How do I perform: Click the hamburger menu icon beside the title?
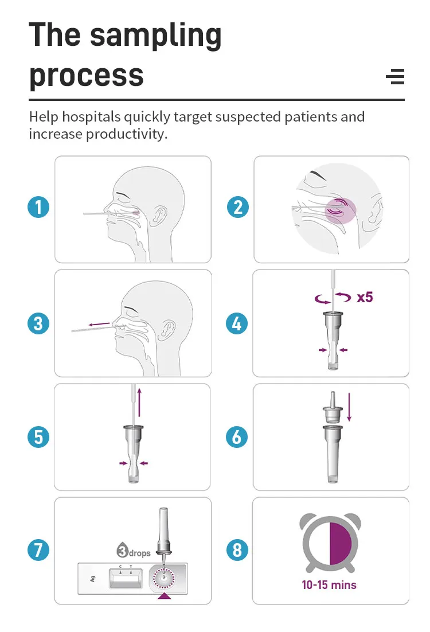(x=395, y=77)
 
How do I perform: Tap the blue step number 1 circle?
(x=38, y=208)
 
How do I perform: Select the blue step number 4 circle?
(x=237, y=323)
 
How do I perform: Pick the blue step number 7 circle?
(x=38, y=550)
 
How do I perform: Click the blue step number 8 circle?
(x=237, y=550)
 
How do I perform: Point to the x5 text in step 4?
(x=365, y=298)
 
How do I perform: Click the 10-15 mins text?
(x=329, y=585)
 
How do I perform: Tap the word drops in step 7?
(x=140, y=553)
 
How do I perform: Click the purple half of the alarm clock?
(x=341, y=543)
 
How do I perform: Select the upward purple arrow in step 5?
(x=139, y=402)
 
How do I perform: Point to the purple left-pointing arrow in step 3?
(x=99, y=324)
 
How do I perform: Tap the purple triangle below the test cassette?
(x=164, y=596)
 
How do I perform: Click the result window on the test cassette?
(x=126, y=579)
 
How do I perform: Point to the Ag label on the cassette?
(x=93, y=579)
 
